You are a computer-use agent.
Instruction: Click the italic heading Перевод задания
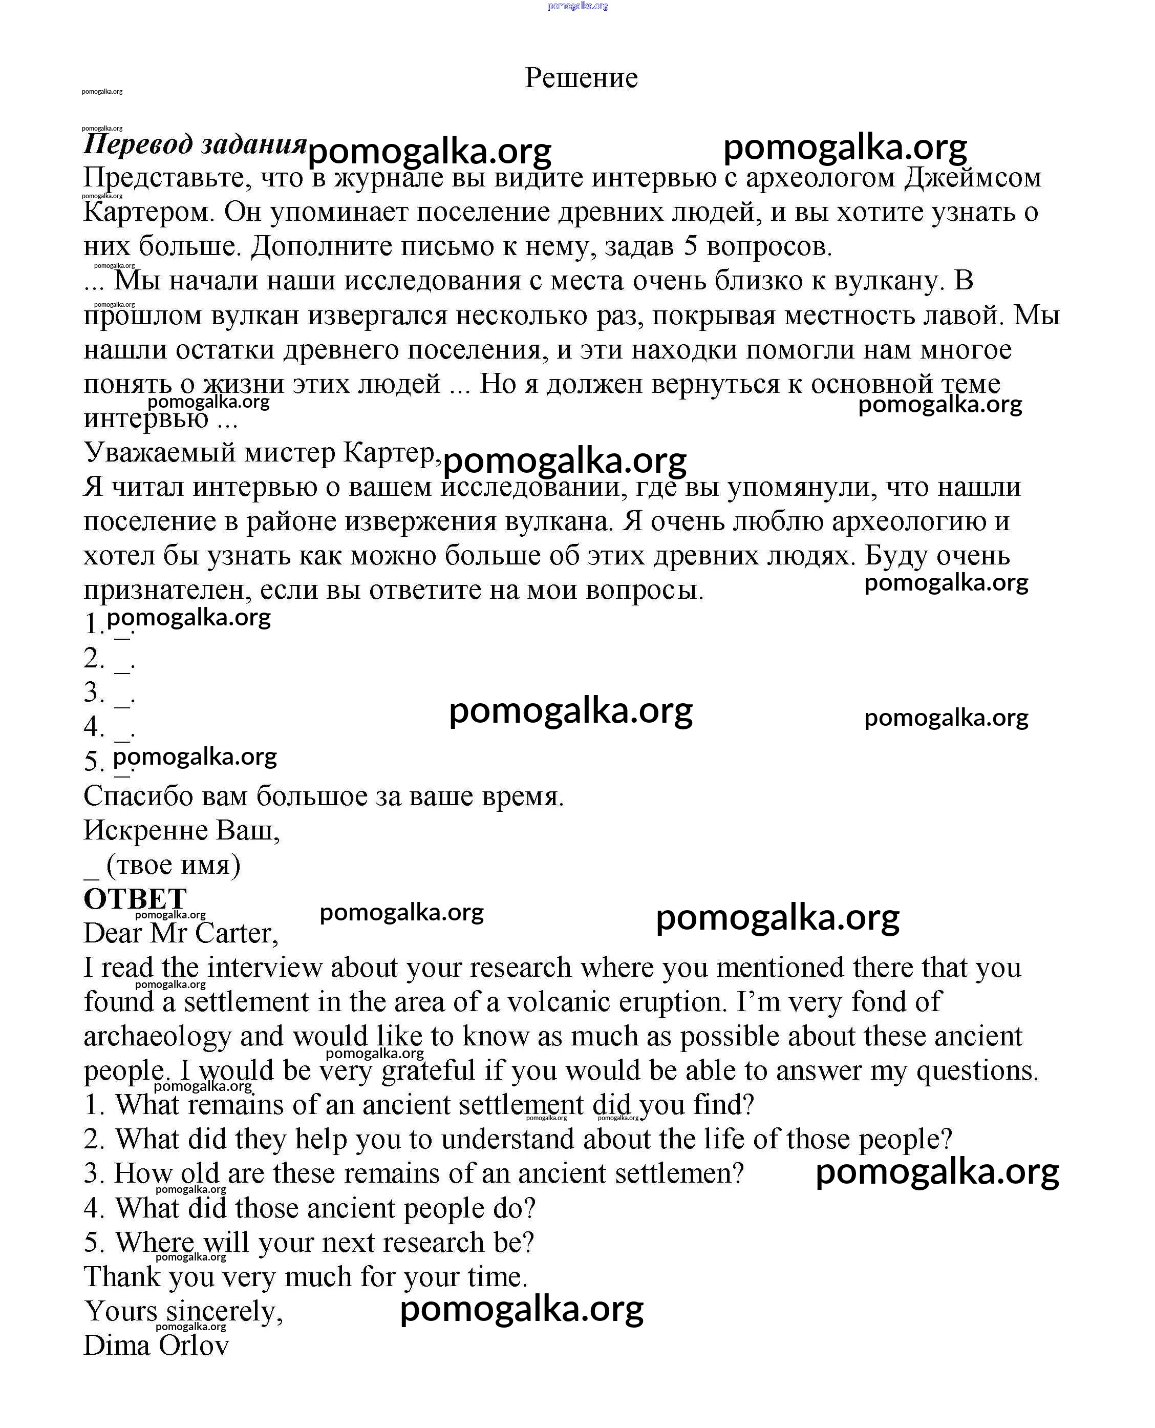coord(194,144)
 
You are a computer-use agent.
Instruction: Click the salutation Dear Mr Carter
coord(180,933)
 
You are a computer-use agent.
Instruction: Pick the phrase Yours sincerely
coord(183,1312)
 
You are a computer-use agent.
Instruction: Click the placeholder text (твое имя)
coord(173,865)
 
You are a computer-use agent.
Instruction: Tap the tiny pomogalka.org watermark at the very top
coord(578,6)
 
